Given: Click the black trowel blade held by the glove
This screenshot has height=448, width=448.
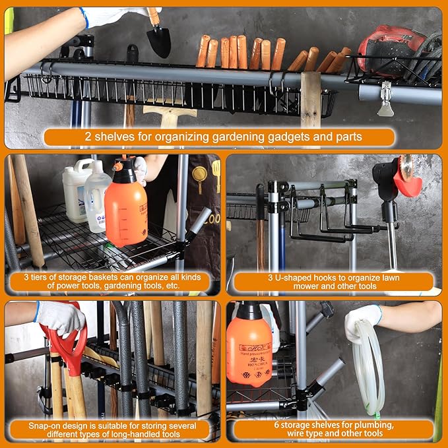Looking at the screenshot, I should (158, 41).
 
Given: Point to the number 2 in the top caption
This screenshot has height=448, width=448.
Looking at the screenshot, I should (87, 138).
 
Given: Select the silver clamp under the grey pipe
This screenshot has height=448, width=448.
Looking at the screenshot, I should (385, 99).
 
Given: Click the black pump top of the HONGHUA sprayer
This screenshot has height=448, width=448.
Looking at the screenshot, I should (249, 310).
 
